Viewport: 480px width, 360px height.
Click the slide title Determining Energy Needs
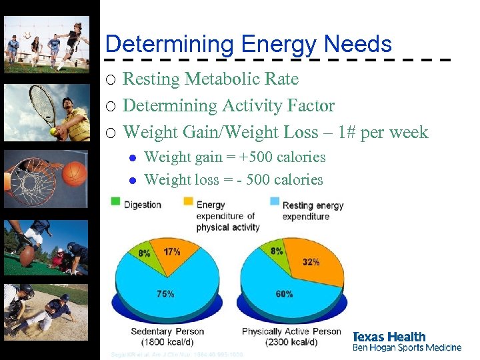248,44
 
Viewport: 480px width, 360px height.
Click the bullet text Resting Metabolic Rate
211,79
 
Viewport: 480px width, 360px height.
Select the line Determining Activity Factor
229,105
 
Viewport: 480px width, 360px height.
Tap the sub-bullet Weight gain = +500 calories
235,157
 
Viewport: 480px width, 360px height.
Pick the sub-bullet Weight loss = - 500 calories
233,180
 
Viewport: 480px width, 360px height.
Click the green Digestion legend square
115,201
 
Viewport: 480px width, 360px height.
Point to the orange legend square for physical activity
188,201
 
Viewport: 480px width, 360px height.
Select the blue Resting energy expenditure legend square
274,201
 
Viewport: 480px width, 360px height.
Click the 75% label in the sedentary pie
165,293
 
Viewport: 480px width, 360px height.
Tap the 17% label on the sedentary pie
171,252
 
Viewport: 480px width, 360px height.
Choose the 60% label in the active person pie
283,293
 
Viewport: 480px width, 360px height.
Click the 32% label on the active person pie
311,262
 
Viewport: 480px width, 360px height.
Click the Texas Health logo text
389,337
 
